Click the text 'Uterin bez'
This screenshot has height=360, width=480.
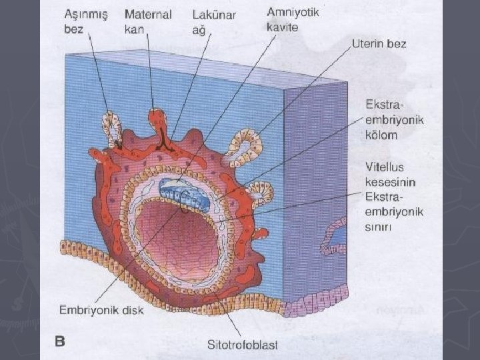379,44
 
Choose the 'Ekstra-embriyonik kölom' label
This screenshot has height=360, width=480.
394,119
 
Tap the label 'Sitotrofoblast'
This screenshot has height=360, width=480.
243,345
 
